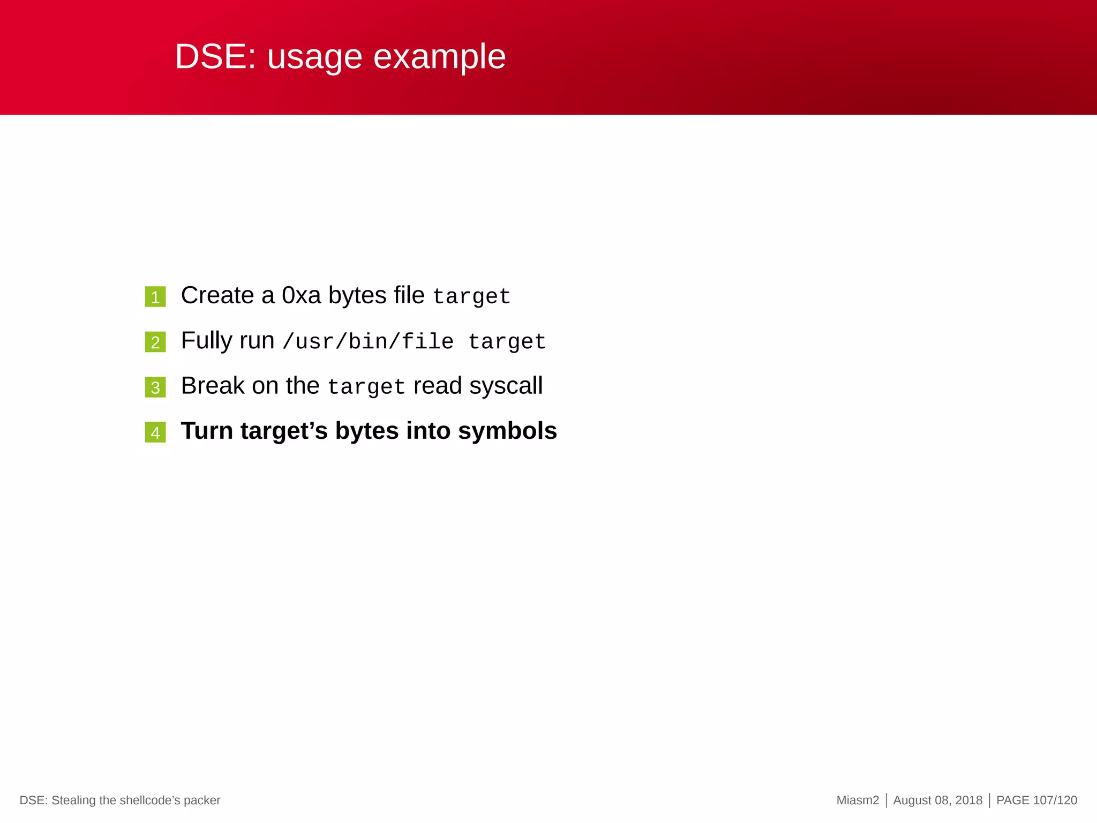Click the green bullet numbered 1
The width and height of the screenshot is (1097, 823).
155,297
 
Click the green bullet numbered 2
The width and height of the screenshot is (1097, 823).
155,342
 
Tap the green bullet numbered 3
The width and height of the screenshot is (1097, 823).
155,387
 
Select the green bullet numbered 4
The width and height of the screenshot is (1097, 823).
155,432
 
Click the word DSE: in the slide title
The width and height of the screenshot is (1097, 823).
215,57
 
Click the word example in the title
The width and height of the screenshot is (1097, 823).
439,57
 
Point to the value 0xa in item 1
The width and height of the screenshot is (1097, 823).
301,296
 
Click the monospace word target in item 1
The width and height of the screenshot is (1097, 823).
471,297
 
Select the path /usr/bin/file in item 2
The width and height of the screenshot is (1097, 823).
368,342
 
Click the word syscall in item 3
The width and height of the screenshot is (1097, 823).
506,386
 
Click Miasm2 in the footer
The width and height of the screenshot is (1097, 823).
858,800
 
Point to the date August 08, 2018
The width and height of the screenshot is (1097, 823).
937,800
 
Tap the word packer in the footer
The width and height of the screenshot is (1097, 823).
202,800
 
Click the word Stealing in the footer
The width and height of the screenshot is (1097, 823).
73,800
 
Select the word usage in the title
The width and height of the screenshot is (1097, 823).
315,57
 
